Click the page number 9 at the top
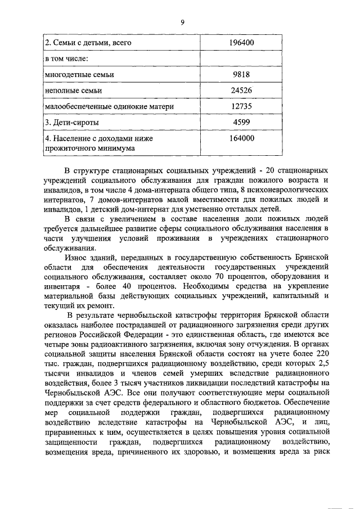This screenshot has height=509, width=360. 182,22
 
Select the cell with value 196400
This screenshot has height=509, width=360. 242,42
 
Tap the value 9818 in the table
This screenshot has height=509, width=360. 242,74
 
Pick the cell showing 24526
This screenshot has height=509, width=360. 242,90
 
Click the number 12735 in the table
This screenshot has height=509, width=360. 242,106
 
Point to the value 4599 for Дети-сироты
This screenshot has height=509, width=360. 242,122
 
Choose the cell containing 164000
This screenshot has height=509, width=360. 242,138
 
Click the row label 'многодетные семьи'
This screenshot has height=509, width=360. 79,74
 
